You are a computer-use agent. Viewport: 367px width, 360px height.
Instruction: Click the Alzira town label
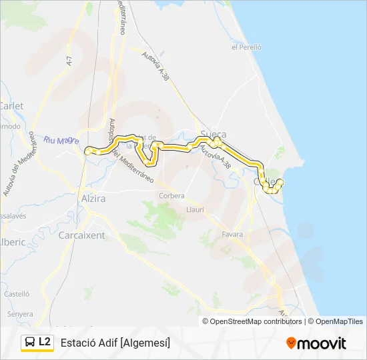point(93,199)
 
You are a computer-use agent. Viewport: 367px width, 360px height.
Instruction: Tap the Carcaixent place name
point(81,235)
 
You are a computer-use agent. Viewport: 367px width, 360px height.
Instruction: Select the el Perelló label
point(246,47)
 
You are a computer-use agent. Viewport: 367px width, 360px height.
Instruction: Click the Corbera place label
point(171,195)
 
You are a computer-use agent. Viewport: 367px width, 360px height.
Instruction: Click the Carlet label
point(11,106)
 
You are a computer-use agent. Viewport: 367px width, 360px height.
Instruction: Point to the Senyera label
point(20,313)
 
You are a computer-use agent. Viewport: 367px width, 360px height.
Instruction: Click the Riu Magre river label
point(61,141)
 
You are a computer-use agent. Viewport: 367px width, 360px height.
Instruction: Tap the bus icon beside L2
point(30,342)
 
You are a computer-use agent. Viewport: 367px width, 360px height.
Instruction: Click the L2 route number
point(45,342)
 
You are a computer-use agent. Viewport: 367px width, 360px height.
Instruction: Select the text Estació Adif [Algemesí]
point(115,343)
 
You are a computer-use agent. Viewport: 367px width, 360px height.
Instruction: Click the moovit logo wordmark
point(322,343)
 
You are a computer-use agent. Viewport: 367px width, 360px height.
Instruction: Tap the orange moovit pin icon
point(291,343)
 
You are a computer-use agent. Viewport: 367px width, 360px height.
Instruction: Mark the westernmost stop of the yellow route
point(87,151)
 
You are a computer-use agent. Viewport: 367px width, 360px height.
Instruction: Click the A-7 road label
point(69,60)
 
